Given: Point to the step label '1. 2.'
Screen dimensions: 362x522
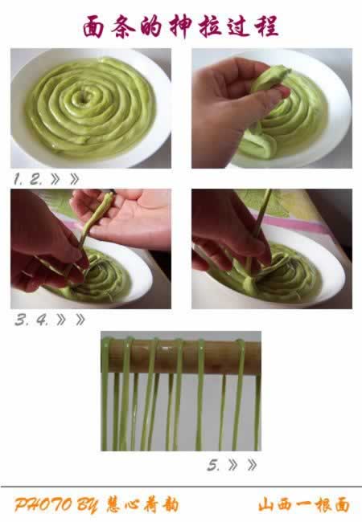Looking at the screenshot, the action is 28,179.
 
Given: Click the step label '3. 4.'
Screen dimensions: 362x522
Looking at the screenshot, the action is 31,320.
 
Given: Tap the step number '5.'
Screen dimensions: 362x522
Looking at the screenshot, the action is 213,465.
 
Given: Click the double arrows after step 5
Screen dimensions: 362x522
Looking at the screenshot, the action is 243,465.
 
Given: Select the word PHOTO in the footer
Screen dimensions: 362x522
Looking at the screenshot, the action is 43,505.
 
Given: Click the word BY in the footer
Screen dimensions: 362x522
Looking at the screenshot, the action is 88,505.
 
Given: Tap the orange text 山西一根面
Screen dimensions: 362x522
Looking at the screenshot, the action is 303,505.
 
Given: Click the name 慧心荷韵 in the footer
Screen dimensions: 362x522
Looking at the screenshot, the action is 142,505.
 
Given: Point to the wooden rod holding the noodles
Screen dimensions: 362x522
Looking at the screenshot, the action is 181,357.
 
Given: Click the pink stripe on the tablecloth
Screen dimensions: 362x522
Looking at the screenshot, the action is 290,223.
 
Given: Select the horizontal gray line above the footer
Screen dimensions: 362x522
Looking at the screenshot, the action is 181,487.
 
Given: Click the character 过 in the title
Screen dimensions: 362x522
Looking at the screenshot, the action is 240,27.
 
